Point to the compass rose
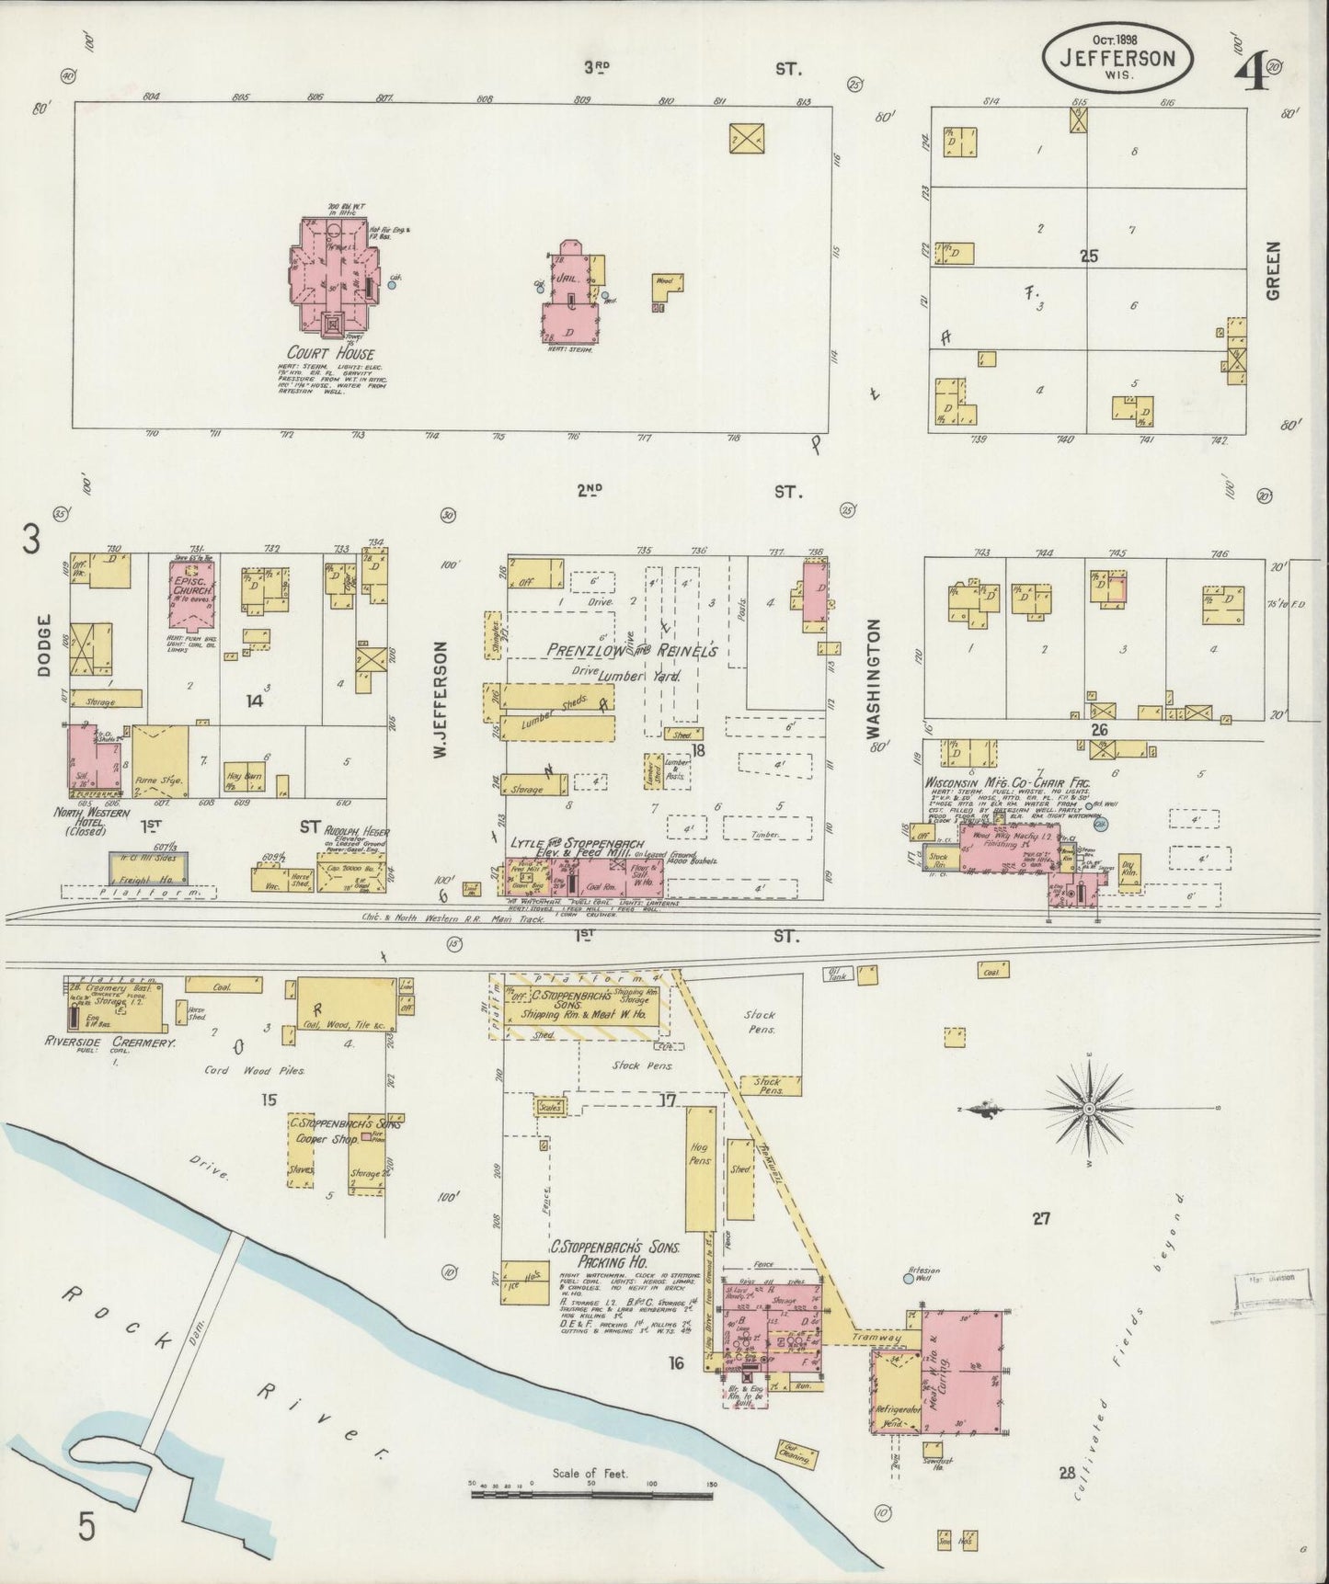pos(1089,1109)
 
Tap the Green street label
pos(1272,270)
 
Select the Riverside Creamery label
pos(109,1043)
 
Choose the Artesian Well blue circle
pos(909,1278)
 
